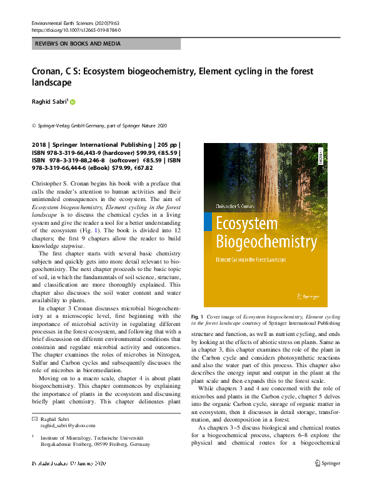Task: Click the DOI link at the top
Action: click(76, 30)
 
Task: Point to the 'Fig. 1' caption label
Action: click(198, 318)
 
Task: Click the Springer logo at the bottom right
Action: click(329, 463)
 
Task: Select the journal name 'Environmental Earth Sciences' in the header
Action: click(66, 23)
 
